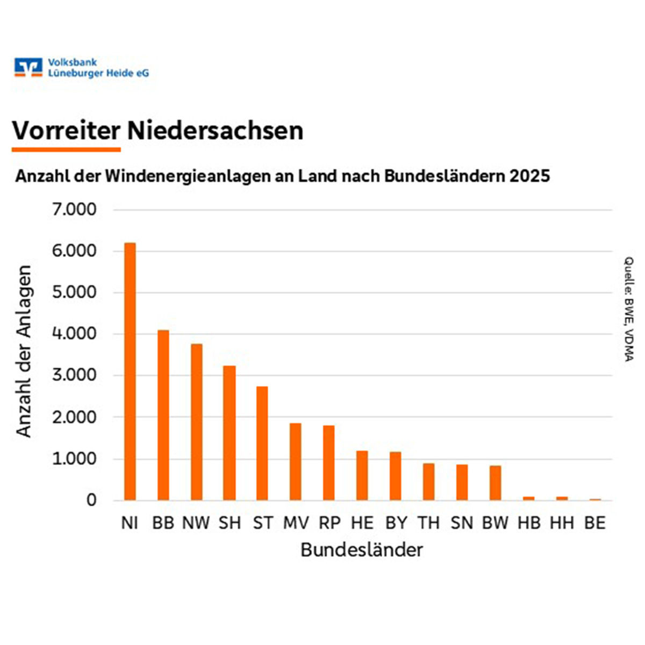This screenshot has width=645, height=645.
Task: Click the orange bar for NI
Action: tap(130, 371)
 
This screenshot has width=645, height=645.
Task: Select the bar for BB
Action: tap(163, 415)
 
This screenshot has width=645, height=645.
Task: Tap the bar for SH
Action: tap(230, 433)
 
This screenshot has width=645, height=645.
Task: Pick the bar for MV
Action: tap(296, 462)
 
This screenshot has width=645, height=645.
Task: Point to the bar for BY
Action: tap(396, 476)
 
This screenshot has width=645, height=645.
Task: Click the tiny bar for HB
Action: tap(529, 498)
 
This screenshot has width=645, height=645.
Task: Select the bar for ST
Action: tap(262, 443)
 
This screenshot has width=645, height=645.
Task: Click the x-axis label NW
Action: tap(196, 523)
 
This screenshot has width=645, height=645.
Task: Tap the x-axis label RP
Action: tap(329, 523)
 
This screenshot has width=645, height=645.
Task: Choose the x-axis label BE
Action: tap(594, 523)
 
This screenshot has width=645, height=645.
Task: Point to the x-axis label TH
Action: tap(428, 523)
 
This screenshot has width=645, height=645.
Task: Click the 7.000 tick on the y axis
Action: tap(74, 210)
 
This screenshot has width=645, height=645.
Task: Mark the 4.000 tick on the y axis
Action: tap(74, 334)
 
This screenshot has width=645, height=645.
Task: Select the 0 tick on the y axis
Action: tap(91, 500)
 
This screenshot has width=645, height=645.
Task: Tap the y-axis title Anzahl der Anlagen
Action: tap(24, 352)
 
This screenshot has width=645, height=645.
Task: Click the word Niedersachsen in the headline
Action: tap(215, 131)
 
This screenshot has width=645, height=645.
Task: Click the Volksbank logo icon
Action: tap(28, 67)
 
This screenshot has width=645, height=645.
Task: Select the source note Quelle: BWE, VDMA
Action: tap(628, 309)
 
